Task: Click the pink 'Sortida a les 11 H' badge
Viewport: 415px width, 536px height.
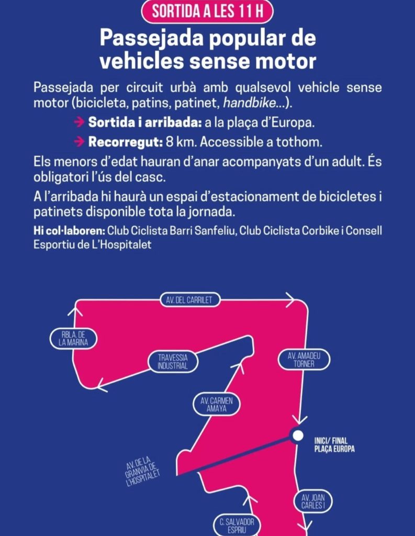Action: [207, 12]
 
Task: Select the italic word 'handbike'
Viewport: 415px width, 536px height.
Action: [249, 103]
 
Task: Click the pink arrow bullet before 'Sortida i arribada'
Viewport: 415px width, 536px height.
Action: [79, 122]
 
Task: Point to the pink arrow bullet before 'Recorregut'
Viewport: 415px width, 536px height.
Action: [79, 141]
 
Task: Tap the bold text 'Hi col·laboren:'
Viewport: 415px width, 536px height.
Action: [69, 231]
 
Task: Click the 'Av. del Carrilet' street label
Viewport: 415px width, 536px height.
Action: [189, 300]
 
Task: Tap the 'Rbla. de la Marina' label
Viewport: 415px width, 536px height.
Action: [73, 339]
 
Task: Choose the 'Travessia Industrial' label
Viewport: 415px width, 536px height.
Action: [173, 362]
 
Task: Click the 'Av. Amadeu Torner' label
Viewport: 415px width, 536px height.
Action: [304, 360]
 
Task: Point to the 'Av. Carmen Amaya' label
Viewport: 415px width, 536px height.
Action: [216, 405]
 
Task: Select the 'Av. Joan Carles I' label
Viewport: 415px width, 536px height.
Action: [313, 501]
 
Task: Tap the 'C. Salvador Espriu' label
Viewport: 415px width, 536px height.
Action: [237, 526]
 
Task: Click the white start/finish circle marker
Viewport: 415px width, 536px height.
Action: [298, 435]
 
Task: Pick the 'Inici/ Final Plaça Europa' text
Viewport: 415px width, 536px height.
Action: [334, 445]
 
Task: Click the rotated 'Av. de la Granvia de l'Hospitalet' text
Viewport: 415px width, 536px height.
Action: [142, 472]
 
